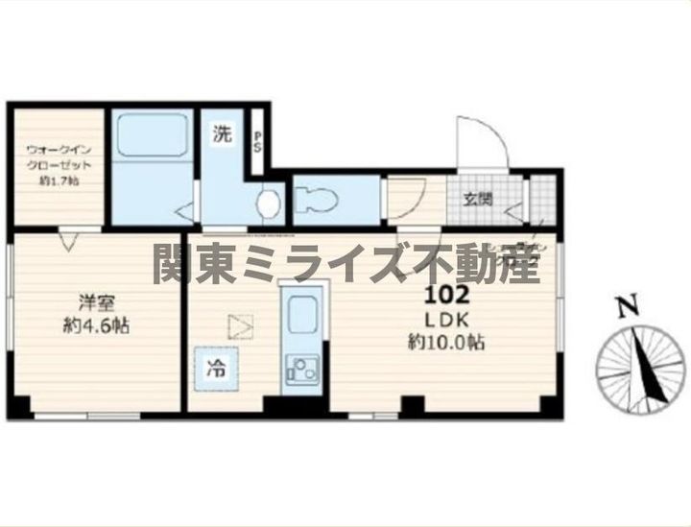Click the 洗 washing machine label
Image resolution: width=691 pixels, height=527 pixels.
click(x=222, y=135)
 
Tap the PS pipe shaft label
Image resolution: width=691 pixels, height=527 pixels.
click(x=257, y=142)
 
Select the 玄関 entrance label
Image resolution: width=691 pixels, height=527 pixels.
click(x=479, y=200)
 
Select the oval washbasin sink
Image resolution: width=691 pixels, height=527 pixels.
click(x=269, y=204)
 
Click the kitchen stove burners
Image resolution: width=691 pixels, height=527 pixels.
click(x=303, y=370)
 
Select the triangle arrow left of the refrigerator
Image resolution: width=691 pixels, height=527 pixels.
click(x=239, y=327)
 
